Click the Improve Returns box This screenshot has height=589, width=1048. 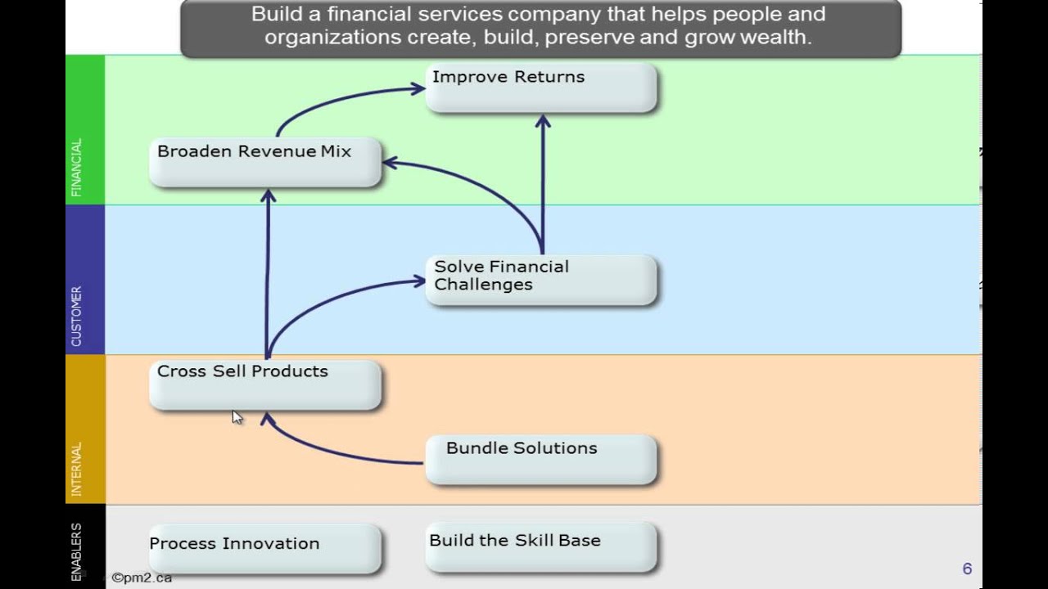point(540,88)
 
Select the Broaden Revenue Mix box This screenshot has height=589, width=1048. point(265,162)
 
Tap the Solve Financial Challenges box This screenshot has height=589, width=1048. point(540,280)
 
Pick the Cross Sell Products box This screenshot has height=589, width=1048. point(265,384)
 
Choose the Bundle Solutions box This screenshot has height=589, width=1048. point(540,459)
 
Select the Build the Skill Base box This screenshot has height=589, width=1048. point(540,546)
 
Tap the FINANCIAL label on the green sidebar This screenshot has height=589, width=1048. point(77,168)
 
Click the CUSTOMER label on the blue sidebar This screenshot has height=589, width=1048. point(77,316)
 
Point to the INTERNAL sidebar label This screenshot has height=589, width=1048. point(77,469)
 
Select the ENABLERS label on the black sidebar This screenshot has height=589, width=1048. point(77,551)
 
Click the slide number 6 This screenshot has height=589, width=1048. point(967,569)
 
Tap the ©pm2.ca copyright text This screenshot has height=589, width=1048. point(142,578)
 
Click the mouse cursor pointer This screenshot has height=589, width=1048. point(236,417)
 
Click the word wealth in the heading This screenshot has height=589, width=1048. point(776,38)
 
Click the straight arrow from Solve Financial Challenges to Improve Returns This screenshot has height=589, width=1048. point(542,184)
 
